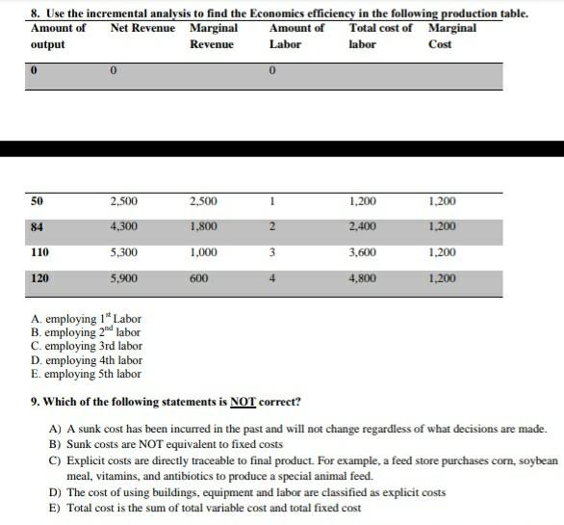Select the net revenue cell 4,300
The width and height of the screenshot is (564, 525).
[123, 227]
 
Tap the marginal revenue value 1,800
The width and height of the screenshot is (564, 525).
[204, 227]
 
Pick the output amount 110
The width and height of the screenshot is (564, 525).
[38, 253]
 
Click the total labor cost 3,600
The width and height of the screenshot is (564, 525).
[362, 253]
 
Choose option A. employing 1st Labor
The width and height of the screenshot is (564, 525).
[86, 319]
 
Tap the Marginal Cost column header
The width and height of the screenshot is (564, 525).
[452, 36]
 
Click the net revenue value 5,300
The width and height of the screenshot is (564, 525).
[123, 253]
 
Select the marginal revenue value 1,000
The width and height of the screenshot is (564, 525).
[204, 253]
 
